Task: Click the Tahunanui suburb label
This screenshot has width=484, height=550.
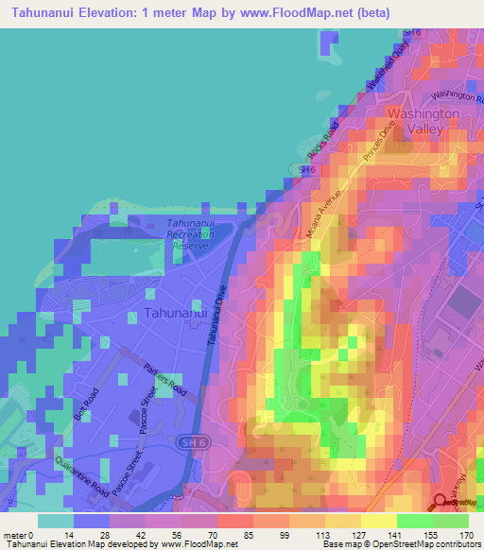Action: [x=175, y=313]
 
